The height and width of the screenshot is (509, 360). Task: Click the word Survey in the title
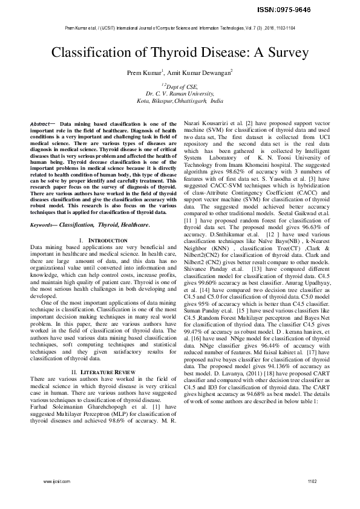click(x=272, y=53)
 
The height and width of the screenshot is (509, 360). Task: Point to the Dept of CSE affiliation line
click(x=180, y=87)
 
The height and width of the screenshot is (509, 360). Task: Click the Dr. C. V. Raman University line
click(x=180, y=94)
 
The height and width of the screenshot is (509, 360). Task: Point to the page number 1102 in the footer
click(x=312, y=498)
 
